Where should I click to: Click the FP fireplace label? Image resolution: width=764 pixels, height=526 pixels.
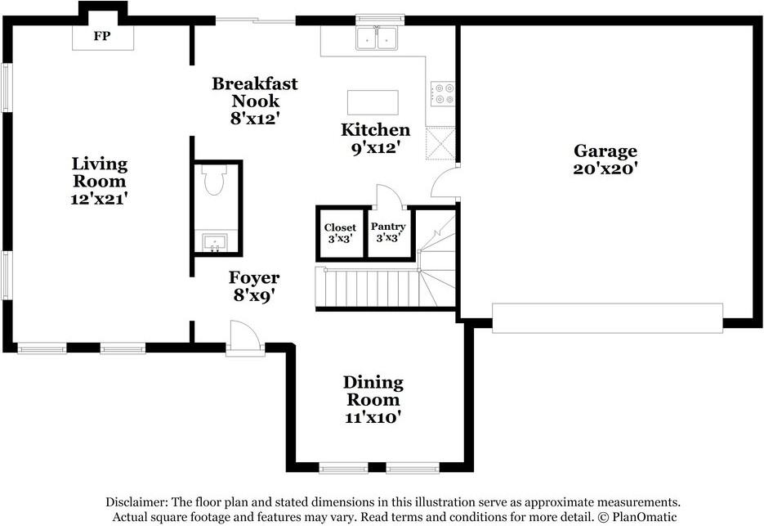102,36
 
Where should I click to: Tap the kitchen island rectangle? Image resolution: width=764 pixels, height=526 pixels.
373,102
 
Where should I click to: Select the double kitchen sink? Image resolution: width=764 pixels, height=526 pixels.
376,38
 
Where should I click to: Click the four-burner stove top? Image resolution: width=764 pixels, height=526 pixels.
442,94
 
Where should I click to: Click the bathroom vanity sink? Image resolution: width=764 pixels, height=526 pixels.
214,242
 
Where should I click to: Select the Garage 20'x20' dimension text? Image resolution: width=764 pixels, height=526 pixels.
605,169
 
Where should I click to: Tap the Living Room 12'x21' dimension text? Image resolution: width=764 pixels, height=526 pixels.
100,199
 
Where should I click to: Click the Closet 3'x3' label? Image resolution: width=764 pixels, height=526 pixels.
340,233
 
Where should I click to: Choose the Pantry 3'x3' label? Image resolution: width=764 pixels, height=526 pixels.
388,232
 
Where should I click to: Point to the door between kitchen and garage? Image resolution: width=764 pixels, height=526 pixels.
445,181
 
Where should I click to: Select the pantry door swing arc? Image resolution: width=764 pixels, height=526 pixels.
389,196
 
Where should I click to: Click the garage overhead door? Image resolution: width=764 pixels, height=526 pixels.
607,318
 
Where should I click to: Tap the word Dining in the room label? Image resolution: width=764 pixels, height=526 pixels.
373,383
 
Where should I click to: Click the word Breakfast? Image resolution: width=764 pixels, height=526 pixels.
255,83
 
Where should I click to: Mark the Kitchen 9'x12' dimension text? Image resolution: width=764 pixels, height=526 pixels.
376,147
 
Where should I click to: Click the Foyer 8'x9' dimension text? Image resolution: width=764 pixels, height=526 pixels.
254,295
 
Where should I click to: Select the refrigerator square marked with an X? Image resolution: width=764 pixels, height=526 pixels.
440,143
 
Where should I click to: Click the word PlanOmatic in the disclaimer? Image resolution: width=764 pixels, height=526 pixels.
645,517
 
